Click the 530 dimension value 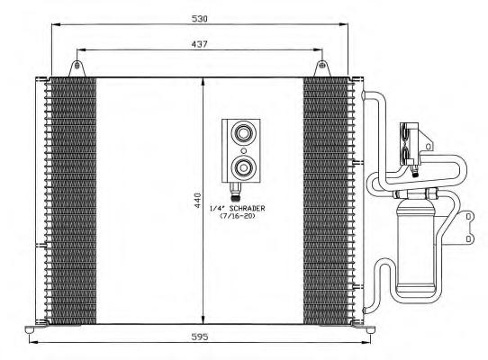pyautogui.click(x=199, y=19)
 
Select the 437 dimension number pyautogui.click(x=199, y=44)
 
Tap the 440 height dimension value pyautogui.click(x=198, y=201)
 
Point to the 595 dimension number pyautogui.click(x=200, y=337)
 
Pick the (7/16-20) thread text pyautogui.click(x=238, y=216)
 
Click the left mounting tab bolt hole pyautogui.click(x=77, y=66)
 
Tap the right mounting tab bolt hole pyautogui.click(x=322, y=66)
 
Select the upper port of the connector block pyautogui.click(x=244, y=134)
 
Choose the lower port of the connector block pyautogui.click(x=244, y=167)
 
